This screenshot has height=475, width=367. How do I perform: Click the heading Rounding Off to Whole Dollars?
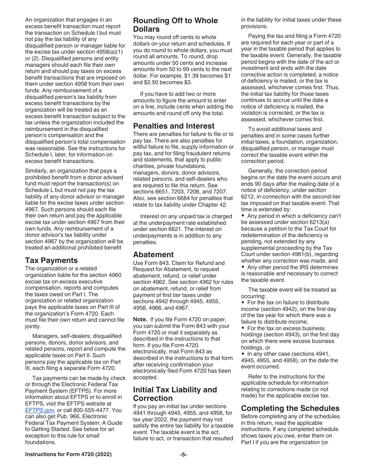[175, 25]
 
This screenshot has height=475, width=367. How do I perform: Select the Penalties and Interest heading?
[173, 126]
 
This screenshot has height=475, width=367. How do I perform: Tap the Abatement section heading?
[153, 254]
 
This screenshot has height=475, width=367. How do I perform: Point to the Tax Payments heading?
[51, 260]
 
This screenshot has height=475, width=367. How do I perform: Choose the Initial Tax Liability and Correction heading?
[175, 394]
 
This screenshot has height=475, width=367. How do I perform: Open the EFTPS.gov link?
[39, 410]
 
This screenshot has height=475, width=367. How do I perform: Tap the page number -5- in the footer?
[183, 455]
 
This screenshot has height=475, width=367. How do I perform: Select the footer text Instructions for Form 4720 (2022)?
[68, 455]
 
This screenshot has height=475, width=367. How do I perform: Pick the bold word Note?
[140, 319]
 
